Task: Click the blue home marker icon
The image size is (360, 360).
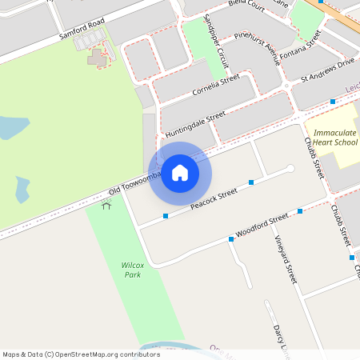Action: (x=180, y=173)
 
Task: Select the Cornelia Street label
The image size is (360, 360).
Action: (x=216, y=86)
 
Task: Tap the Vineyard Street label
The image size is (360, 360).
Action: (x=286, y=260)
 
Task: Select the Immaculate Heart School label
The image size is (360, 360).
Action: (x=335, y=137)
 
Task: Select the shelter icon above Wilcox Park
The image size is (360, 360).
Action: (x=106, y=206)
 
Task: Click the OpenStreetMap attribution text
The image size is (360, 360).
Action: (x=81, y=354)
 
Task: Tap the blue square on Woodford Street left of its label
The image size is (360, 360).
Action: (x=230, y=239)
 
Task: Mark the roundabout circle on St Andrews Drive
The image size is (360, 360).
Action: (x=286, y=86)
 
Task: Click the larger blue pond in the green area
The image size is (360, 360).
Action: (x=10, y=128)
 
